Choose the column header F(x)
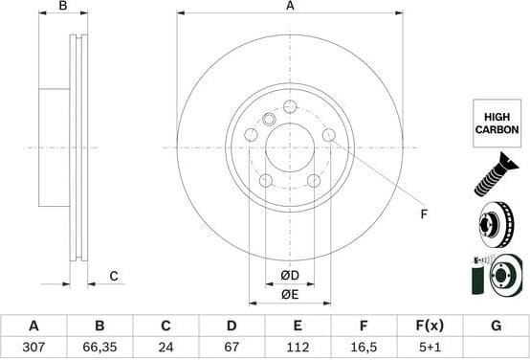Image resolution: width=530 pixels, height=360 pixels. (x=430, y=326)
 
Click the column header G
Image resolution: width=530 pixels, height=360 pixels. (x=496, y=326)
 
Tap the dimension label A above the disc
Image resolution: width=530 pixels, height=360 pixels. (x=290, y=7)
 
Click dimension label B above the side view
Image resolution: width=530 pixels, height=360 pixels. (x=62, y=7)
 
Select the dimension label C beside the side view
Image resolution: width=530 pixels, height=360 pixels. (x=113, y=277)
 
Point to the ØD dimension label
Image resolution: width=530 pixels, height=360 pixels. (x=290, y=277)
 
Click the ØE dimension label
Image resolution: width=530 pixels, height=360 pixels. (x=290, y=294)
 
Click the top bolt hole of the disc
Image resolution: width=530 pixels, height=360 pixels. (x=290, y=106)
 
